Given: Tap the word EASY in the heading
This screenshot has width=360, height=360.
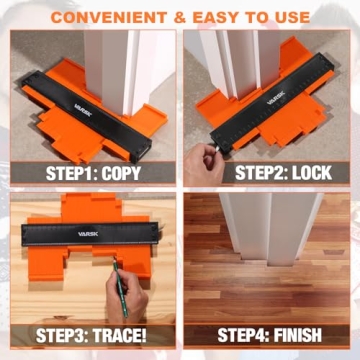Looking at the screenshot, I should click(x=218, y=16).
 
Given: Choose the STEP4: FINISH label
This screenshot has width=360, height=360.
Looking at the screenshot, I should click(x=270, y=333).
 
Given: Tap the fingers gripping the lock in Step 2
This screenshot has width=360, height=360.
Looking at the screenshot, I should click(x=207, y=152).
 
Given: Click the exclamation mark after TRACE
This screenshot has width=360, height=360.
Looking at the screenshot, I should click(x=155, y=333).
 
